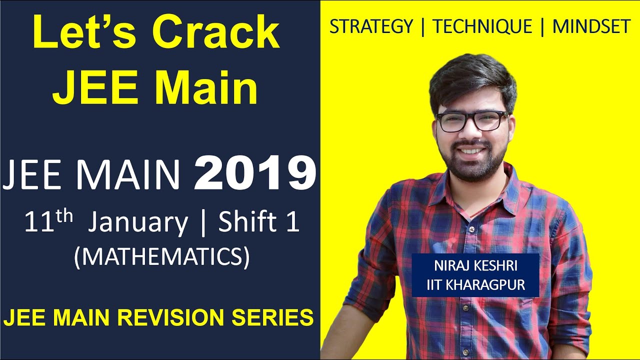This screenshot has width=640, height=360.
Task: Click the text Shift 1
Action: (259, 222)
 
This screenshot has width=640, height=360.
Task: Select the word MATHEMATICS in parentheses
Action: (161, 257)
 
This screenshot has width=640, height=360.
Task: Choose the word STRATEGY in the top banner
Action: (371, 27)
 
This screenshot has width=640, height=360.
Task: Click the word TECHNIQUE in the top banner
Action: (482, 27)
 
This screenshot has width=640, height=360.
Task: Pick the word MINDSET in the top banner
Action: (591, 27)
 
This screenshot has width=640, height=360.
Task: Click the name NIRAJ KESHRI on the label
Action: (475, 267)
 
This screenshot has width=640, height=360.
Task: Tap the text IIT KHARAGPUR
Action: (475, 285)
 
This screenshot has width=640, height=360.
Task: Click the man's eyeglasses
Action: (471, 121)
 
